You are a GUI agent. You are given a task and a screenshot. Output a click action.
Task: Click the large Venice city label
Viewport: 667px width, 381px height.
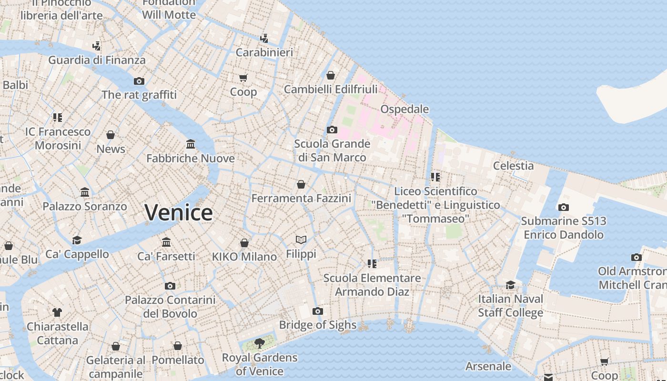[179, 212]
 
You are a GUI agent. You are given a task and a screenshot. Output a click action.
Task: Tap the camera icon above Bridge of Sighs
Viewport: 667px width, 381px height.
[318, 311]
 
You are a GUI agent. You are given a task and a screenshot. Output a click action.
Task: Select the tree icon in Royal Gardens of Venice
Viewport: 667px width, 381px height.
[259, 343]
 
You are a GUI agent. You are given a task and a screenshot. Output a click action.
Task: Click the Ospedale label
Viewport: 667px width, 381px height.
[404, 109]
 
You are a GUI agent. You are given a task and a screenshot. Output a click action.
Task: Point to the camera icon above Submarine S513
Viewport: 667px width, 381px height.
[563, 207]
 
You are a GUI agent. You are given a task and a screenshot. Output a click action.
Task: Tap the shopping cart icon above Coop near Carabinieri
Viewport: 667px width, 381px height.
[243, 78]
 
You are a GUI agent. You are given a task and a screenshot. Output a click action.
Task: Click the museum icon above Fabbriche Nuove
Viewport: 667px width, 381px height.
[191, 144]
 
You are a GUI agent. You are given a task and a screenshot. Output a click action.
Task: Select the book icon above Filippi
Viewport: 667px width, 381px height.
[301, 240]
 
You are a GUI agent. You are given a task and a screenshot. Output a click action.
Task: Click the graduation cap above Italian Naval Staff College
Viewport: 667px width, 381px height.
[510, 285]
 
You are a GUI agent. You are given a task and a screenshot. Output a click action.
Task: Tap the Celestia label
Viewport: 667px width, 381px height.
[513, 166]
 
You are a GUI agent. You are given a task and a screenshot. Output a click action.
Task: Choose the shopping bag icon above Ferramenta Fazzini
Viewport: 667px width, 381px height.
[301, 184]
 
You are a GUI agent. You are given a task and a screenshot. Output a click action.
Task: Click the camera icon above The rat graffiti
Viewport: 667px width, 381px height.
[139, 81]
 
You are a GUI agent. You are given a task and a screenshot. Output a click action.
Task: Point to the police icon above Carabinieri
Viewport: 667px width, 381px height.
[264, 38]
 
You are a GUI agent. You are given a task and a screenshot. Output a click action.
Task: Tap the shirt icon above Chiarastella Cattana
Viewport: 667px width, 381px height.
[57, 312]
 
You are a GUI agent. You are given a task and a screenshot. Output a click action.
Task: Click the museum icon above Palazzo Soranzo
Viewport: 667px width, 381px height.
[85, 192]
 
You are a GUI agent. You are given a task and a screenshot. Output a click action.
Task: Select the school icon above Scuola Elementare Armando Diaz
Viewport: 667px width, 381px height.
[372, 263]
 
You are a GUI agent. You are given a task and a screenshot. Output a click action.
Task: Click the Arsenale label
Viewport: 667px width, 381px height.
[488, 366]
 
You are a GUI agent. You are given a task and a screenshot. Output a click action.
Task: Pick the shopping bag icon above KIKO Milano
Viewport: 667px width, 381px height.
[244, 243]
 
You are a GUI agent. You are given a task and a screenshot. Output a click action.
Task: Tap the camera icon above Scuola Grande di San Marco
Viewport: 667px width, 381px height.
[332, 130]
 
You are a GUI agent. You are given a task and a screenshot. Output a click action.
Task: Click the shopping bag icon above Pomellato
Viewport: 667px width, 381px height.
[178, 346]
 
